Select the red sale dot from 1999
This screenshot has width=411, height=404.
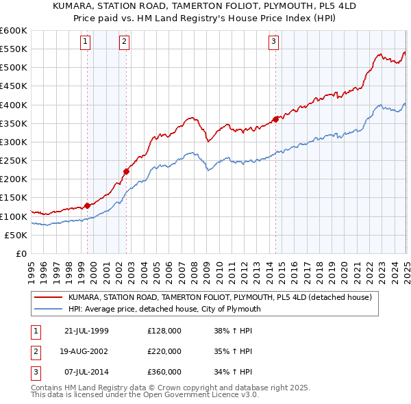88,205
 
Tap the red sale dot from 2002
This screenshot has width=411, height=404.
126,171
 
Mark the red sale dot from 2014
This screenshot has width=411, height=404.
275,119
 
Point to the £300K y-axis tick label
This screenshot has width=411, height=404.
14,142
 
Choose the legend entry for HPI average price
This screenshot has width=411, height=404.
164,309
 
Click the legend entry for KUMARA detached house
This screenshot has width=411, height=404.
219,297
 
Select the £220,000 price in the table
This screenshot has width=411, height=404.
164,351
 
